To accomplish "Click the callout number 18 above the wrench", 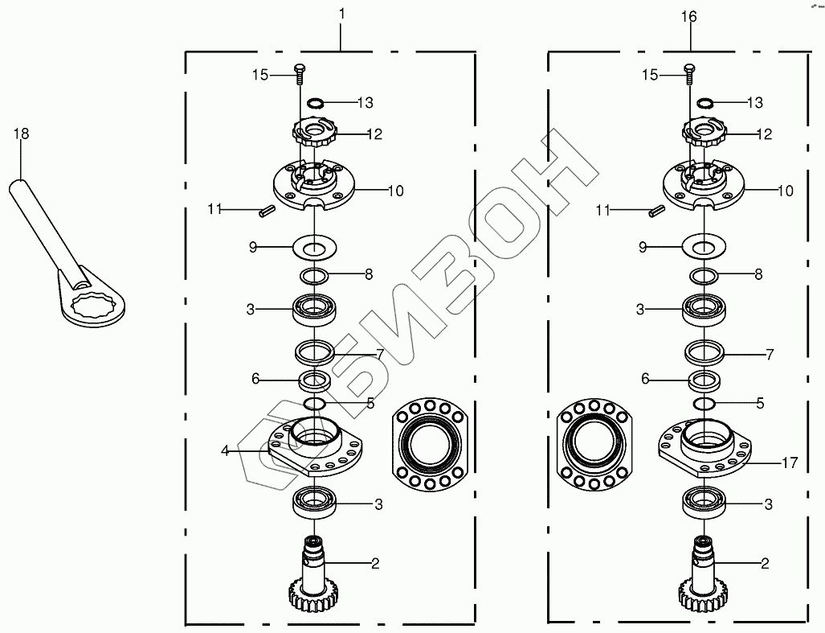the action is point(21,134).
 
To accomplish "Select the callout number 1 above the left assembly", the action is point(341,14).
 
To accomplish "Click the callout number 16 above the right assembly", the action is point(688,17).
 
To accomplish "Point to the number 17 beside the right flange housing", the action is point(790,463).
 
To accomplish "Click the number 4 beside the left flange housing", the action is point(225,450).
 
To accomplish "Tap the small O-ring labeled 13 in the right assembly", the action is point(705,102).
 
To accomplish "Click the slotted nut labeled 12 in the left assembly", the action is point(314,134).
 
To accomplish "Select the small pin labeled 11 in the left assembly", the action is point(266,212).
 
